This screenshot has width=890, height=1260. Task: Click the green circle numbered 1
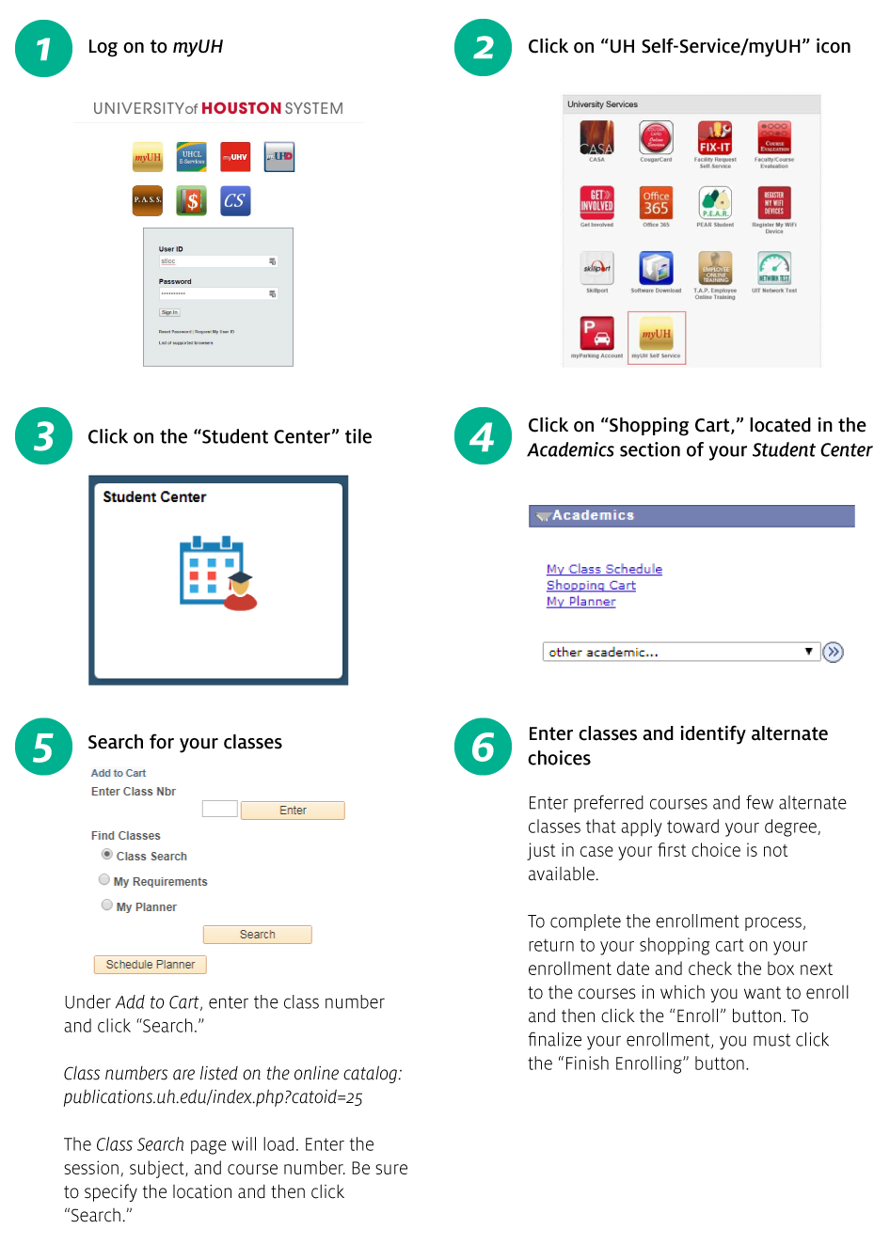(43, 49)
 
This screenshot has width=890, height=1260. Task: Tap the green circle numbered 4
(483, 436)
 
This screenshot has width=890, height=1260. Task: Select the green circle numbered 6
(483, 748)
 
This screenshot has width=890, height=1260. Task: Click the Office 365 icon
(656, 203)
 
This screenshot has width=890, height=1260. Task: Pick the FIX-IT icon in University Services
(715, 138)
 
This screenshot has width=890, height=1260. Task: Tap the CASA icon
(596, 138)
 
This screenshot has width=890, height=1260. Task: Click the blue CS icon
(235, 200)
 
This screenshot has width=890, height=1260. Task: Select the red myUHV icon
(235, 157)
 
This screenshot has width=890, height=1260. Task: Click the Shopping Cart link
(591, 585)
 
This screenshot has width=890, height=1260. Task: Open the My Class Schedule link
(604, 569)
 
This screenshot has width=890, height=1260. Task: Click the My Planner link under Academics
(580, 602)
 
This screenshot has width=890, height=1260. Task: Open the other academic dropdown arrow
(808, 652)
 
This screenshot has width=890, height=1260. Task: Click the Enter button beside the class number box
(293, 811)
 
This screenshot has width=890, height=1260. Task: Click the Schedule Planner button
(150, 965)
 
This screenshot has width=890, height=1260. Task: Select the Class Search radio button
(107, 855)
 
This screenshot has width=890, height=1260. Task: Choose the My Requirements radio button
(104, 880)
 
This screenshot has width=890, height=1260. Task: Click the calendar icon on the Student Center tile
(215, 572)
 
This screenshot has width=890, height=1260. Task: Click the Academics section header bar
(691, 515)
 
